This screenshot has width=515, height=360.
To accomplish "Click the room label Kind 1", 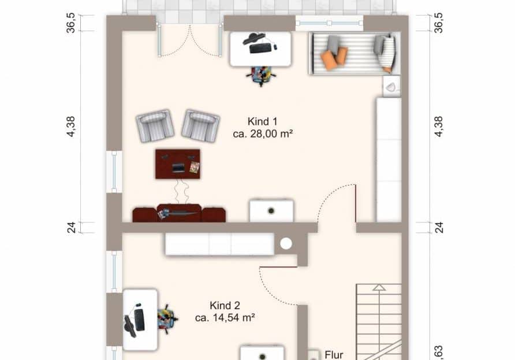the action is [262, 121].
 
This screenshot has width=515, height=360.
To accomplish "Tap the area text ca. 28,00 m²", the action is [263, 134].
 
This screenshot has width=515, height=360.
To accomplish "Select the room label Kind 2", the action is [225, 306].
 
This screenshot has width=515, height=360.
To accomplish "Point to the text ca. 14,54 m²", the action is [225, 318].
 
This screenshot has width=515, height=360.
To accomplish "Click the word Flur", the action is [334, 355].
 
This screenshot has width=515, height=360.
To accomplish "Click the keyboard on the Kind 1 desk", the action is [261, 49].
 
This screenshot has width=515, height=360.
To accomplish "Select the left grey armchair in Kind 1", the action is [155, 126].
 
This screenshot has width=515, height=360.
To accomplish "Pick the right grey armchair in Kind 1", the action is [200, 126].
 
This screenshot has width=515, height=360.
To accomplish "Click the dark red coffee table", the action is [178, 164].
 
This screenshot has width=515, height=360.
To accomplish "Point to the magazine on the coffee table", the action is [195, 168].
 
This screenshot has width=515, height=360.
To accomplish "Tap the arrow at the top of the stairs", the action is [379, 287].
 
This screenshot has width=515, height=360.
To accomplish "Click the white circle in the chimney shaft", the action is [286, 244].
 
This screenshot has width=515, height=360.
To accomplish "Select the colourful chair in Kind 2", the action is [167, 318].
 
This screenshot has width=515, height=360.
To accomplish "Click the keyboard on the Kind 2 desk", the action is [139, 320].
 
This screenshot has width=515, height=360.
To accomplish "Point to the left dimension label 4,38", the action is [71, 127].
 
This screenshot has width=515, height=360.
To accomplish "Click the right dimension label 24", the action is [439, 228].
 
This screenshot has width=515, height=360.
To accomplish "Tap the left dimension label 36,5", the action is [71, 23].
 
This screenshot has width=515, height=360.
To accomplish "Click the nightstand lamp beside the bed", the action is [391, 87].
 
